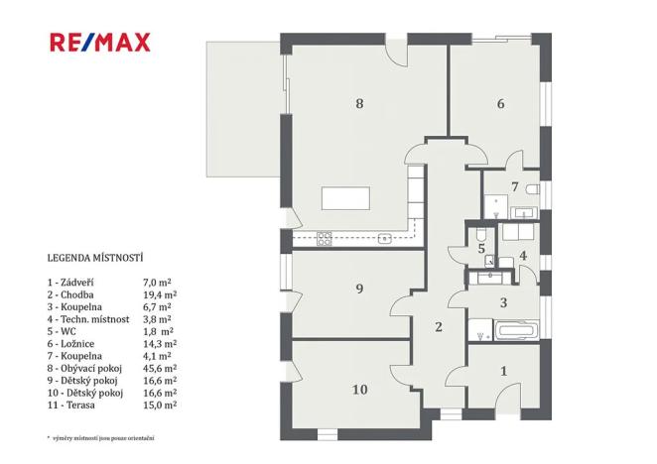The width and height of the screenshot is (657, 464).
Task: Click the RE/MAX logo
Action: tap(99, 42)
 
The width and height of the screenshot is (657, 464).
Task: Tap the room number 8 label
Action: tap(359, 102)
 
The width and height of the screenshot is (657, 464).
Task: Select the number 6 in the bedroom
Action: tap(501, 103)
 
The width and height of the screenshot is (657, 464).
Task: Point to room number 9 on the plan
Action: tap(359, 289)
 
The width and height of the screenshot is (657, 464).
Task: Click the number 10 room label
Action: tap(359, 389)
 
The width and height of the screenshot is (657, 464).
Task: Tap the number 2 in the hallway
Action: tap(437, 326)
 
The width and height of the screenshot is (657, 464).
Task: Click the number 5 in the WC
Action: tap(481, 249)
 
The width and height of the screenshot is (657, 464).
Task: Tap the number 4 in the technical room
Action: tap(523, 256)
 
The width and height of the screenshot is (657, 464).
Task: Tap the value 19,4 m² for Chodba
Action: tap(160, 294)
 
